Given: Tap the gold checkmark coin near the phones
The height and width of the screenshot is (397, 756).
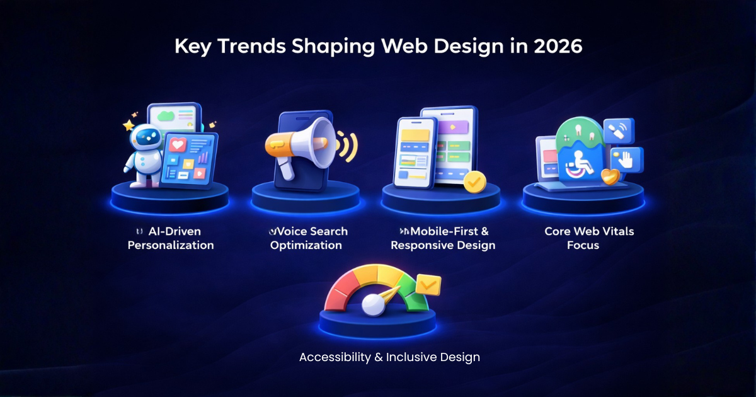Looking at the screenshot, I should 474,181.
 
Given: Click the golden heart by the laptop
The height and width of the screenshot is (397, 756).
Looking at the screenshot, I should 610,177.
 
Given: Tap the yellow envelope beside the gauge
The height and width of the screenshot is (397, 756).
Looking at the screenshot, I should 428,284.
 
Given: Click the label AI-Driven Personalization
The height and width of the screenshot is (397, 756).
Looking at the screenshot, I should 170,238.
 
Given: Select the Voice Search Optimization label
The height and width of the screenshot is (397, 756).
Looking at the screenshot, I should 308,238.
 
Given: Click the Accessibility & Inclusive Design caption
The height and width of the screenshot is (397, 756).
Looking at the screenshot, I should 389,357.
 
